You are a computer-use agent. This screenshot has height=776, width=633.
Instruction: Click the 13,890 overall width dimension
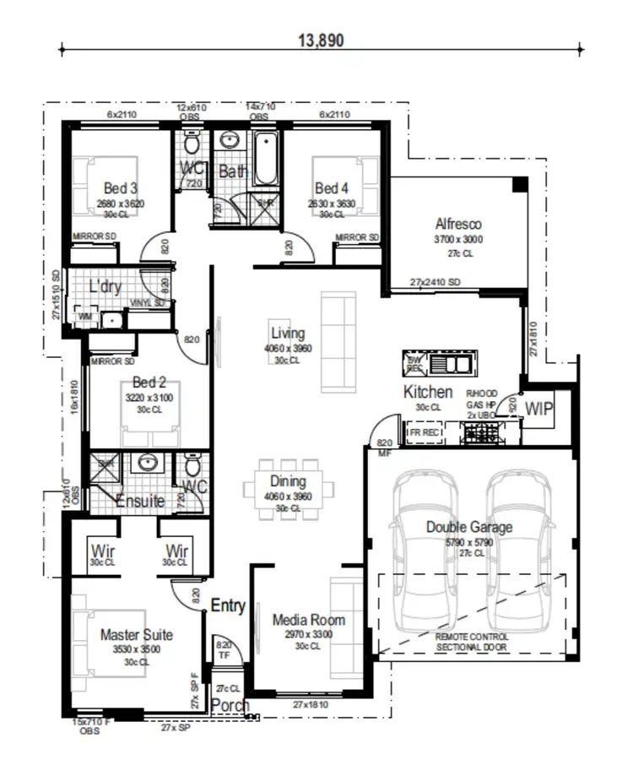pyautogui.click(x=321, y=39)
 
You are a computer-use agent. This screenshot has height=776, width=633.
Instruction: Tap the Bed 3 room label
pyautogui.click(x=121, y=187)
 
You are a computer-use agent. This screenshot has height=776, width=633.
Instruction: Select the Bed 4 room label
pyautogui.click(x=332, y=187)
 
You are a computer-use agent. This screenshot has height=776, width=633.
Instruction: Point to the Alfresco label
pyautogui.click(x=458, y=225)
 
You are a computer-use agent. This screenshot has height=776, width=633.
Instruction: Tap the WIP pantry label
pyautogui.click(x=538, y=409)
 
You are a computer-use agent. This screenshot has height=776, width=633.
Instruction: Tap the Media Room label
pyautogui.click(x=308, y=620)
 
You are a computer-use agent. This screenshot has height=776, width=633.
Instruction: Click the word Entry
pyautogui.click(x=227, y=605)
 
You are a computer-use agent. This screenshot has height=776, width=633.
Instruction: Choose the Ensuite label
pyautogui.click(x=140, y=501)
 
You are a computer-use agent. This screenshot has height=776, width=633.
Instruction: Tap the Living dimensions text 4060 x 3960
pyautogui.click(x=288, y=348)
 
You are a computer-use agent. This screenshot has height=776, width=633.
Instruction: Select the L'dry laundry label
pyautogui.click(x=105, y=287)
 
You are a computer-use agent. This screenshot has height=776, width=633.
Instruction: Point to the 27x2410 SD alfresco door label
pyautogui.click(x=436, y=281)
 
